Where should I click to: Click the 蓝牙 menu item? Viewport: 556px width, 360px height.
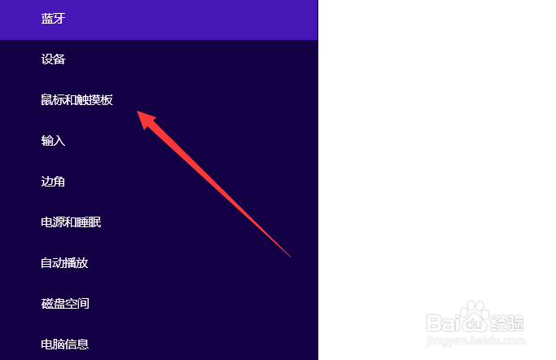[x=53, y=19]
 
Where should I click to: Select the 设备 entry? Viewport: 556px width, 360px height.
[x=53, y=59]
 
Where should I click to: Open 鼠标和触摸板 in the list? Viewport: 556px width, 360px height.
[x=77, y=100]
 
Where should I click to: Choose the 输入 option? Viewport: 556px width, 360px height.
[x=53, y=141]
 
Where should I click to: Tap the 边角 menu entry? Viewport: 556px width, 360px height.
[x=53, y=182]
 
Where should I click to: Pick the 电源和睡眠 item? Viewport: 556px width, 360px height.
[x=71, y=222]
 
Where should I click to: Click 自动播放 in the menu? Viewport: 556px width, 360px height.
[x=64, y=263]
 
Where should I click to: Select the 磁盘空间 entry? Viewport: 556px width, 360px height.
[x=65, y=304]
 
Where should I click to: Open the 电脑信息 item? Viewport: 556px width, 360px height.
[x=65, y=345]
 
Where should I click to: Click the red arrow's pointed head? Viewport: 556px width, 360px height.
[x=138, y=112]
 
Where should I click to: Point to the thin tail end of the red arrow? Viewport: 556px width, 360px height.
[x=291, y=257]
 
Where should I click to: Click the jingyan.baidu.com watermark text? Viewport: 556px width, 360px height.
[x=475, y=340]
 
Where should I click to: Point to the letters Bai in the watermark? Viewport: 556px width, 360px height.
[x=444, y=323]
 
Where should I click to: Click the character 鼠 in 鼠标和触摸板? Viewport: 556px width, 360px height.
[x=46, y=100]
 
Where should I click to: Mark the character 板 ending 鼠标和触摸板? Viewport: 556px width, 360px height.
[x=107, y=100]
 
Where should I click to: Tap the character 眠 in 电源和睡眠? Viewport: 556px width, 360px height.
[x=95, y=222]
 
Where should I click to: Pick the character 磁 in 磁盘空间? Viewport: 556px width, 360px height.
[x=46, y=304]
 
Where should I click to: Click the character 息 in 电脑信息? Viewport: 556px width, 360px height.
[x=82, y=345]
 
